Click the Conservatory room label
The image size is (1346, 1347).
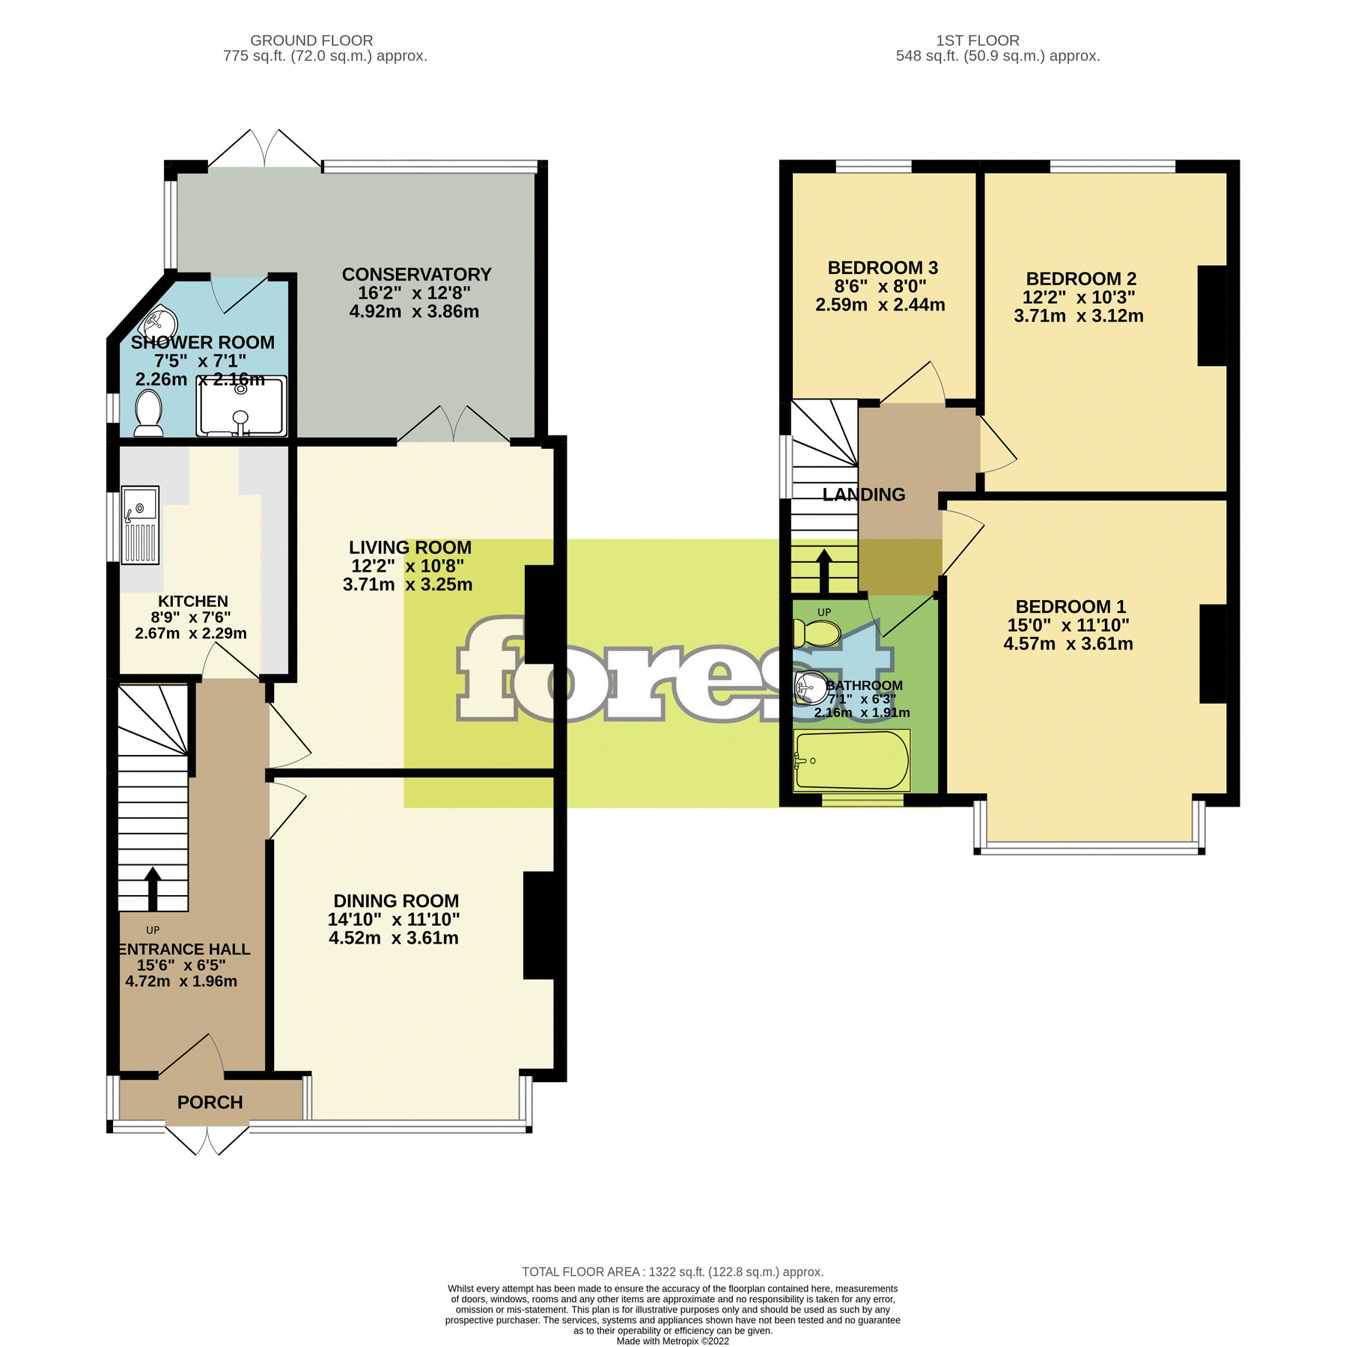point(416,275)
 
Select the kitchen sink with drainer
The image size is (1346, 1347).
point(140,525)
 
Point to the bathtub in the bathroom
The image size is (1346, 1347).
point(851,760)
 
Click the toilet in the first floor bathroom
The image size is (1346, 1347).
point(817,633)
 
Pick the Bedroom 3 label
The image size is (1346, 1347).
point(882,268)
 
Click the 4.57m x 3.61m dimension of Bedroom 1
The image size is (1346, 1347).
point(1068,644)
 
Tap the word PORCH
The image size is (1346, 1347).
point(210,1102)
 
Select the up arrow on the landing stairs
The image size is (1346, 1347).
point(823,571)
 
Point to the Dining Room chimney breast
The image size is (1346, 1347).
point(538,925)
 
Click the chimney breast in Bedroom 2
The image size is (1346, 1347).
point(1211,316)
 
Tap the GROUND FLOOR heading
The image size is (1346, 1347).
point(311,40)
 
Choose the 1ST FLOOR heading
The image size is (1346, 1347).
point(977,40)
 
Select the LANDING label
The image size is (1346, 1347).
point(863,495)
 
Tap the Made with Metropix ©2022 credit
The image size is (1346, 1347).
point(672,1341)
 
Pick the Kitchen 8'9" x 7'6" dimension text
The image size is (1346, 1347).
point(191,617)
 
